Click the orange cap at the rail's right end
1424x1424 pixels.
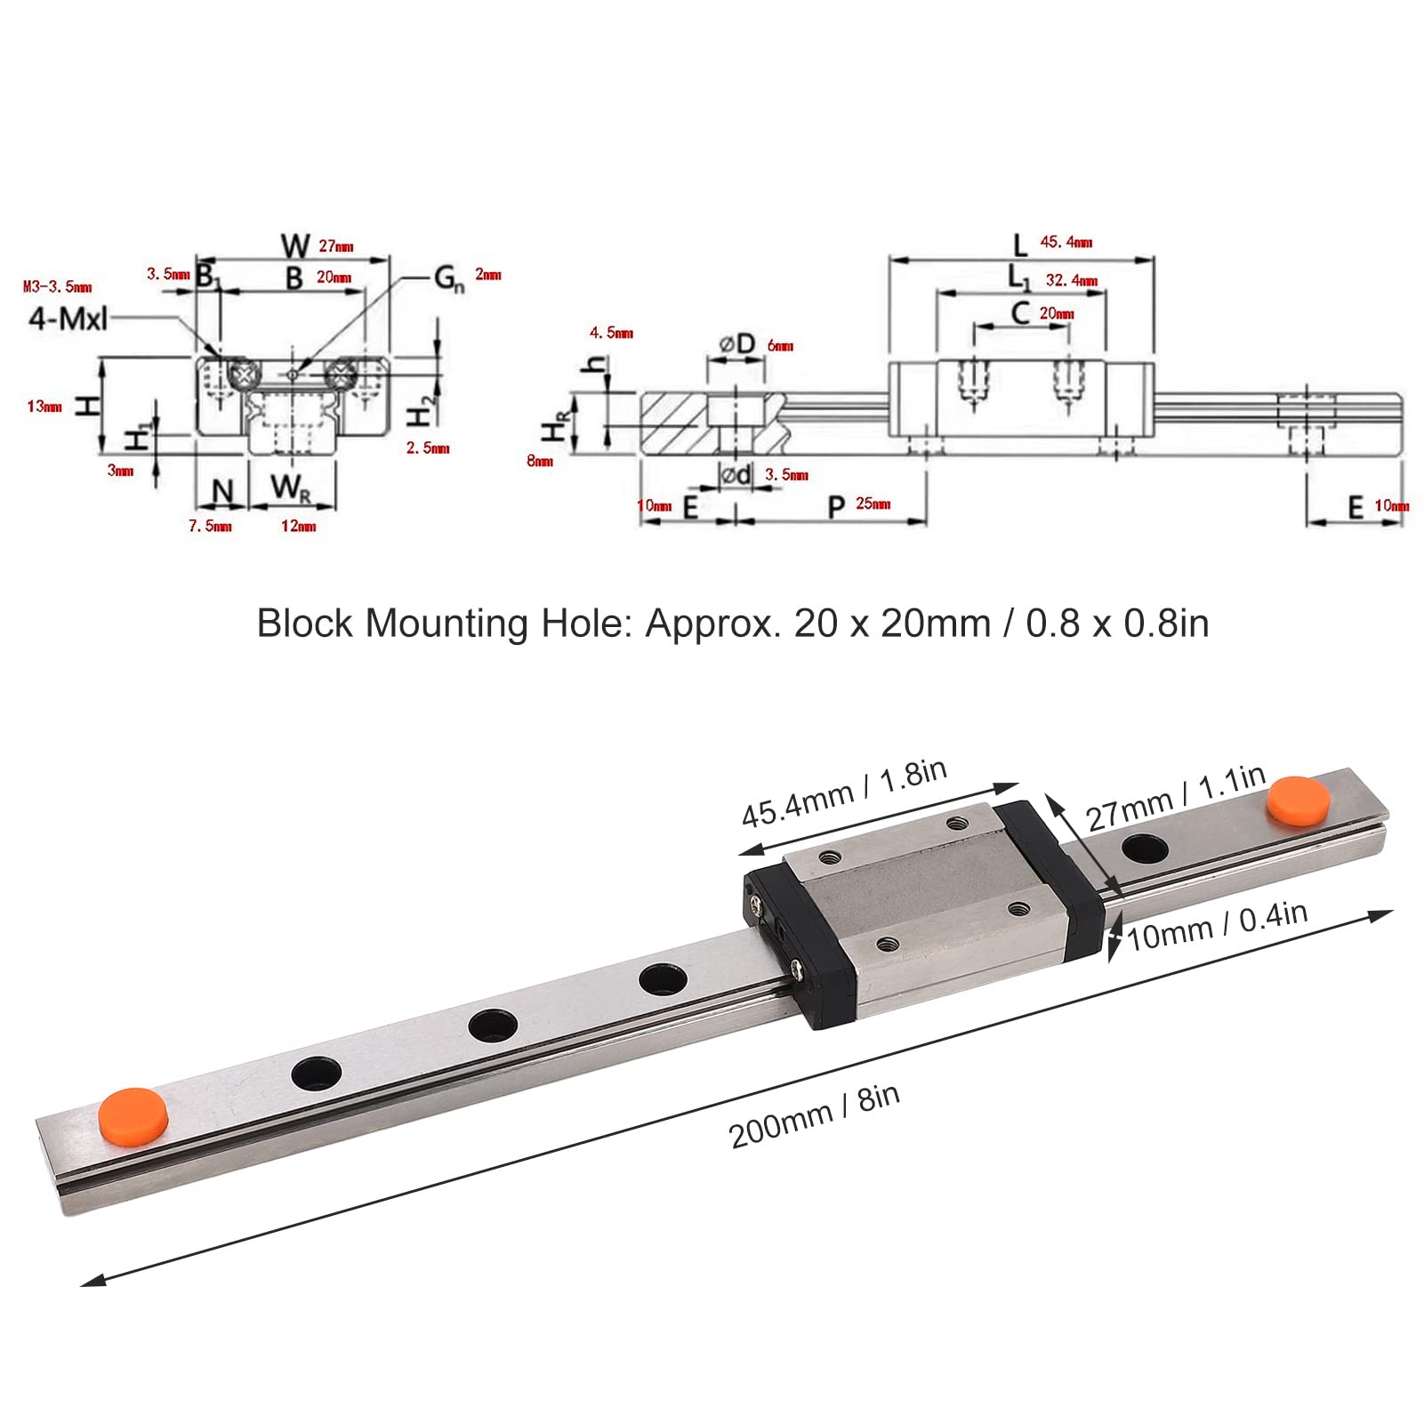coord(1299,800)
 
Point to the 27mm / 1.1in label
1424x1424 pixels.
coord(1175,798)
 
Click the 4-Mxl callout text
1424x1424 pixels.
coord(68,318)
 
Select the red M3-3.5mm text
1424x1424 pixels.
coord(57,286)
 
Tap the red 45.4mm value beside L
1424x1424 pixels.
coord(1066,242)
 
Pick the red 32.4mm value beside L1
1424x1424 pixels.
coord(1071,280)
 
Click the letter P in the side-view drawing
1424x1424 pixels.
coord(836,507)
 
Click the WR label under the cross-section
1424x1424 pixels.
coord(291,488)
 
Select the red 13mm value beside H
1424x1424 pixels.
coord(44,406)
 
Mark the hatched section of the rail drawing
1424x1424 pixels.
coord(673,423)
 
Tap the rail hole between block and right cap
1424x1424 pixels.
coord(1144,849)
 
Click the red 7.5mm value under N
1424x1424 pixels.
coord(210,527)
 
